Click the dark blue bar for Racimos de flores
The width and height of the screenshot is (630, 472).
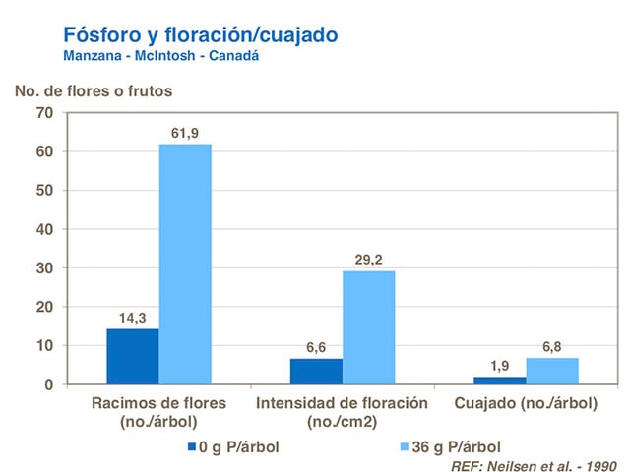[133, 356]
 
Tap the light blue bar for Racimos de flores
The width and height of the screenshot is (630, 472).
[185, 265]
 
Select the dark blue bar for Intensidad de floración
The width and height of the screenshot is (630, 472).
[316, 372]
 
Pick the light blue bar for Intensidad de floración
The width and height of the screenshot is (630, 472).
[368, 327]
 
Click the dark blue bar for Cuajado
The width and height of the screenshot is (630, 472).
[499, 381]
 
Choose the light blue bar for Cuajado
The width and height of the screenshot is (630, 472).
[551, 371]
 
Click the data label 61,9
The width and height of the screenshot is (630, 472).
[185, 132]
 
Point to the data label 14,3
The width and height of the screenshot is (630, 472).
[133, 317]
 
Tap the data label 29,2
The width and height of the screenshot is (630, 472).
[368, 259]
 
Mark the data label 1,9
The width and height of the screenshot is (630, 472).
[499, 365]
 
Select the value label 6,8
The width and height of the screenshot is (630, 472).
[551, 345]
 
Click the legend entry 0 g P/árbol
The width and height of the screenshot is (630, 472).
[233, 446]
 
